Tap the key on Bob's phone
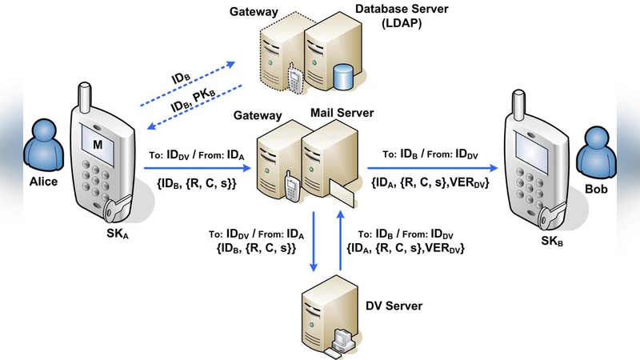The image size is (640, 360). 547,214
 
